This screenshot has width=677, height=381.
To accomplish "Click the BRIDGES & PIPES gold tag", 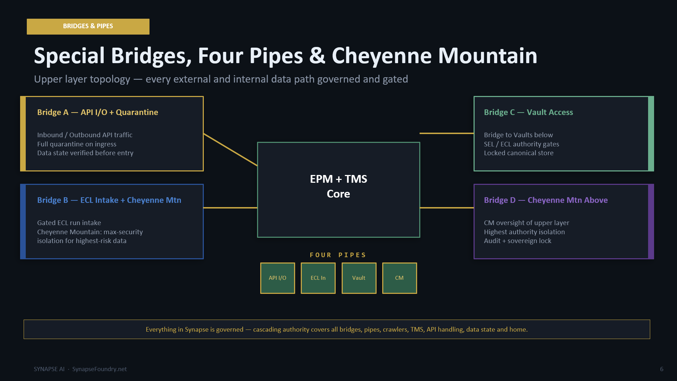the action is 88,26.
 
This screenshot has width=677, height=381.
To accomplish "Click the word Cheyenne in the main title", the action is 382,56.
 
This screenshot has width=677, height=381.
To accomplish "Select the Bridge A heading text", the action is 98,112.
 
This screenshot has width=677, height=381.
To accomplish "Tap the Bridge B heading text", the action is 109,200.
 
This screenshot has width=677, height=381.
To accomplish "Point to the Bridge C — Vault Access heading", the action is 529,112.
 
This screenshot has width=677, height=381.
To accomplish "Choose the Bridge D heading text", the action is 546,200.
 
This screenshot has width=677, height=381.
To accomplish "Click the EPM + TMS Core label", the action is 338,186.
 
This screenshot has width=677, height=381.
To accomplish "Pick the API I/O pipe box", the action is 277,278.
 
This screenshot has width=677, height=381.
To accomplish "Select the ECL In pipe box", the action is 318,278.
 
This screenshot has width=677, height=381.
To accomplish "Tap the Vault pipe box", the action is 359,278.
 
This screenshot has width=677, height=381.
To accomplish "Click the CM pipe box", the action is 400,278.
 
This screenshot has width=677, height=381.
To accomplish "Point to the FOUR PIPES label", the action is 338,255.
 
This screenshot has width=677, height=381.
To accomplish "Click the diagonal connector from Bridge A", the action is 231,150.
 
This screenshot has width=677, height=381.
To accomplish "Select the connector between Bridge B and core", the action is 231,208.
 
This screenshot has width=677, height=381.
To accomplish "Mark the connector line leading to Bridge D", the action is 447,208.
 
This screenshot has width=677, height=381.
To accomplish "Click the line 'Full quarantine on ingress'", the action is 77,144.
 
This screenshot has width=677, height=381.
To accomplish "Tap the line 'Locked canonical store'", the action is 519,153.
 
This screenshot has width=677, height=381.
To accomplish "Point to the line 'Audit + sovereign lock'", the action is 518,241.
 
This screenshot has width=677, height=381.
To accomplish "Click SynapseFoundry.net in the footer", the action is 99,369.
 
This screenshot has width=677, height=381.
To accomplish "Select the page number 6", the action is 662,369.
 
